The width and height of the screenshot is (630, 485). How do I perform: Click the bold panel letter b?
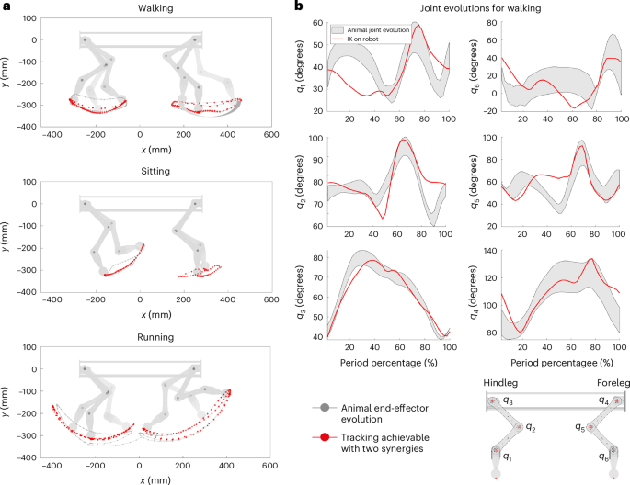[x=297, y=6]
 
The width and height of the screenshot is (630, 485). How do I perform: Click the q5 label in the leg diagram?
[x=579, y=427]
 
